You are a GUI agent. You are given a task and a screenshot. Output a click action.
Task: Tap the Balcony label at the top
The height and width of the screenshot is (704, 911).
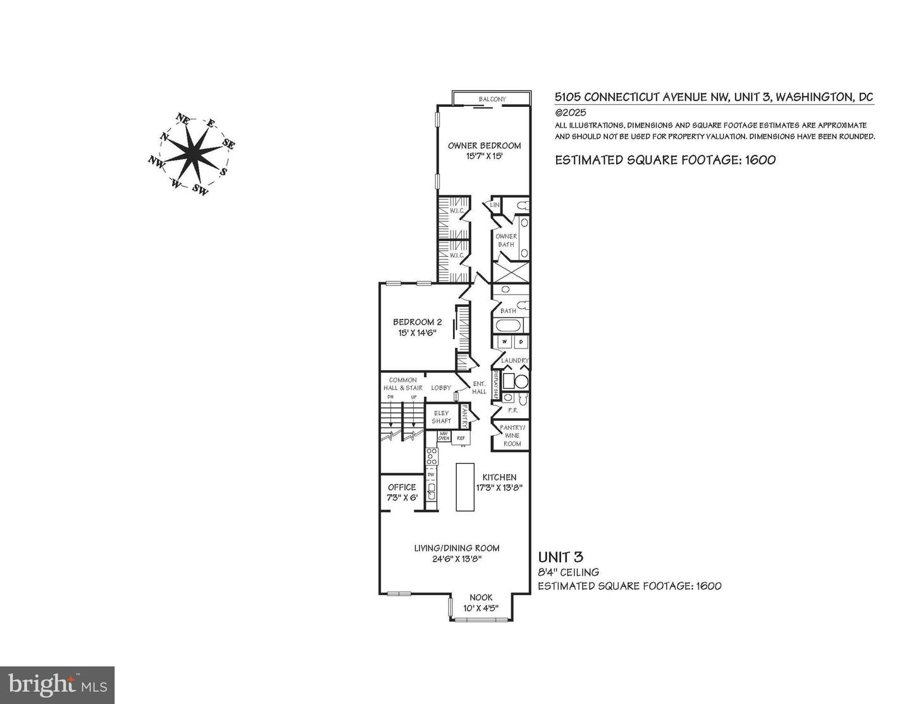492,99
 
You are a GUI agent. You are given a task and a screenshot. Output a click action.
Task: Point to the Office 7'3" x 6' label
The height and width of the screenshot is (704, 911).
402,492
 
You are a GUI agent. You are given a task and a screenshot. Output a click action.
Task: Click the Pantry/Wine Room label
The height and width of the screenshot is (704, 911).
512,436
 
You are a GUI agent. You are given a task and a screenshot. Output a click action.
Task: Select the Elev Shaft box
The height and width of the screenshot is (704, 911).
442,417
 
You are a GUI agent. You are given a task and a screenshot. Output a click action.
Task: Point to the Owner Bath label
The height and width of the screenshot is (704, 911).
506,240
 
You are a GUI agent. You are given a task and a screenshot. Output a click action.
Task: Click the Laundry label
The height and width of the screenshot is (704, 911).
514,361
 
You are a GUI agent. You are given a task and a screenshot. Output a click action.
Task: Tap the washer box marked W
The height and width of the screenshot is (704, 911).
505,342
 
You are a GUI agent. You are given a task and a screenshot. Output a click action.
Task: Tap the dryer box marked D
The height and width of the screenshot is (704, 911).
521,342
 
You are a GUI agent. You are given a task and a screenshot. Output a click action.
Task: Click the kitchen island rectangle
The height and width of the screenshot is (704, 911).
465,486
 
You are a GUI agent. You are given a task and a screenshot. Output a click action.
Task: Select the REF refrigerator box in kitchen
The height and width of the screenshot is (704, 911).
461,438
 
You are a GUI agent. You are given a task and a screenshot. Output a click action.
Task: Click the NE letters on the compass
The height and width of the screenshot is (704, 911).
183,118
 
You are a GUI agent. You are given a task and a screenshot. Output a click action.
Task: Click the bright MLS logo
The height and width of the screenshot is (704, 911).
57,685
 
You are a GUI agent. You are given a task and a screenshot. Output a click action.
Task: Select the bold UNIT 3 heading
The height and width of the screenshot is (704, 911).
560,557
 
